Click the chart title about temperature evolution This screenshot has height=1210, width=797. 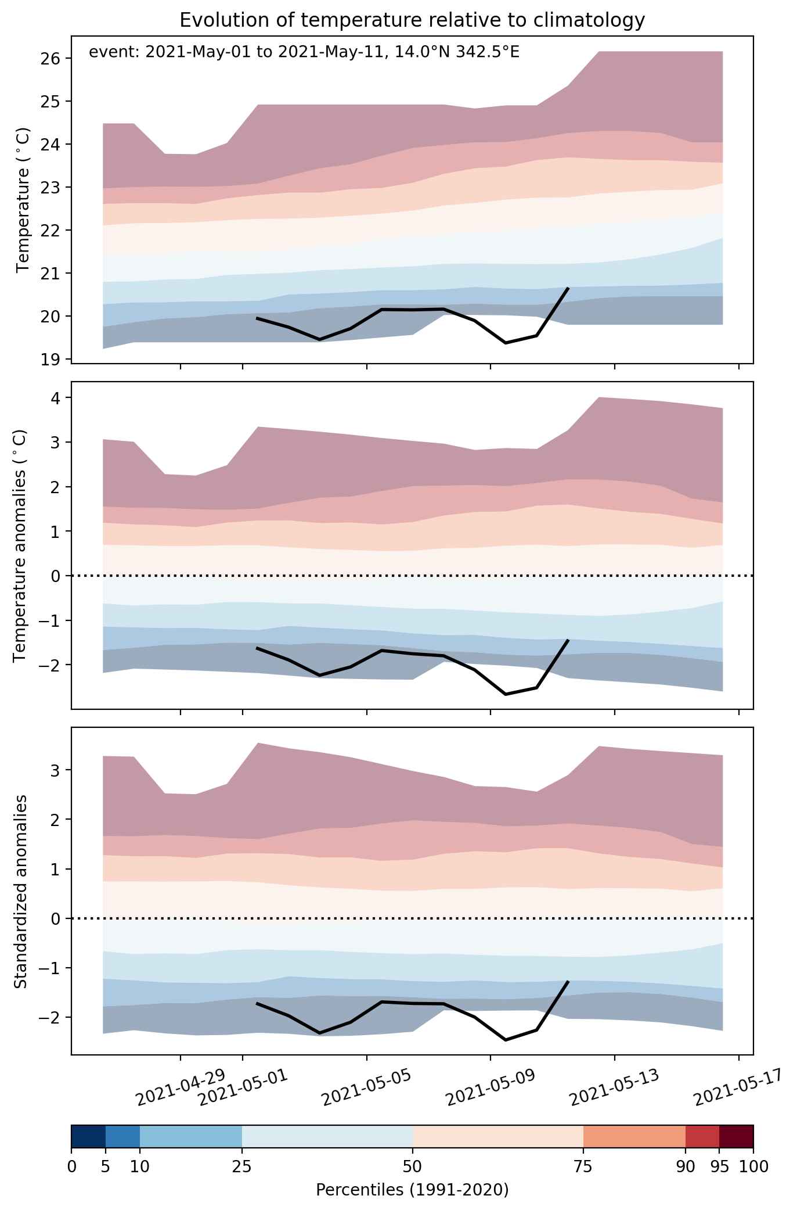(412, 20)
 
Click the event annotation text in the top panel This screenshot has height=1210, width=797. (304, 52)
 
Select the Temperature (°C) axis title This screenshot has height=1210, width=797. (23, 200)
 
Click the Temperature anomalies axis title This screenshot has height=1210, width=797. (20, 545)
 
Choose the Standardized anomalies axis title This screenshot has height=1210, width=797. (20, 891)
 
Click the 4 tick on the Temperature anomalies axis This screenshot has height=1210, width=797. (60, 398)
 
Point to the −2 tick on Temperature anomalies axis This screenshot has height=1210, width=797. (56, 665)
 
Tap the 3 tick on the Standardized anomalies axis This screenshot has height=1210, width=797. (60, 770)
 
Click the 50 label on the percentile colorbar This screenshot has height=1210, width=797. (413, 1166)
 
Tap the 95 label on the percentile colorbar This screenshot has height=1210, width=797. (720, 1166)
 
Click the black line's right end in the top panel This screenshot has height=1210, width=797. (568, 288)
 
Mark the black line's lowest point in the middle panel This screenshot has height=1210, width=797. (506, 694)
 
